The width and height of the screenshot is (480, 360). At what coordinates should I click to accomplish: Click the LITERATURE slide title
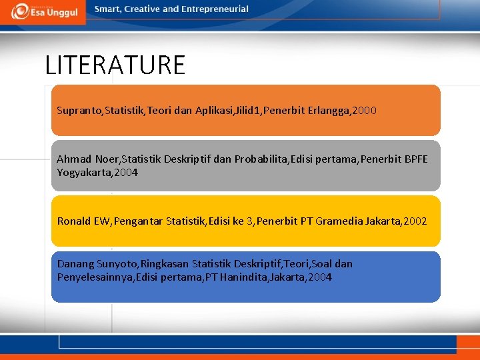tap(115, 65)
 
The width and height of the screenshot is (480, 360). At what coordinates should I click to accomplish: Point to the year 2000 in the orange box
tap(363, 110)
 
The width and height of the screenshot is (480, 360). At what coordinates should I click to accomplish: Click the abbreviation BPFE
tap(416, 159)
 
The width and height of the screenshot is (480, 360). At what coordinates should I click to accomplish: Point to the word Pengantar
tap(138, 221)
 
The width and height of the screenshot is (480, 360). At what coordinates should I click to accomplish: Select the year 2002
tap(414, 221)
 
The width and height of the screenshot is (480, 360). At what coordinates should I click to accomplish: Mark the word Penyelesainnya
tap(95, 277)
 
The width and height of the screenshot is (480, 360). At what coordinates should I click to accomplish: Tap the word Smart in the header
tap(108, 9)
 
